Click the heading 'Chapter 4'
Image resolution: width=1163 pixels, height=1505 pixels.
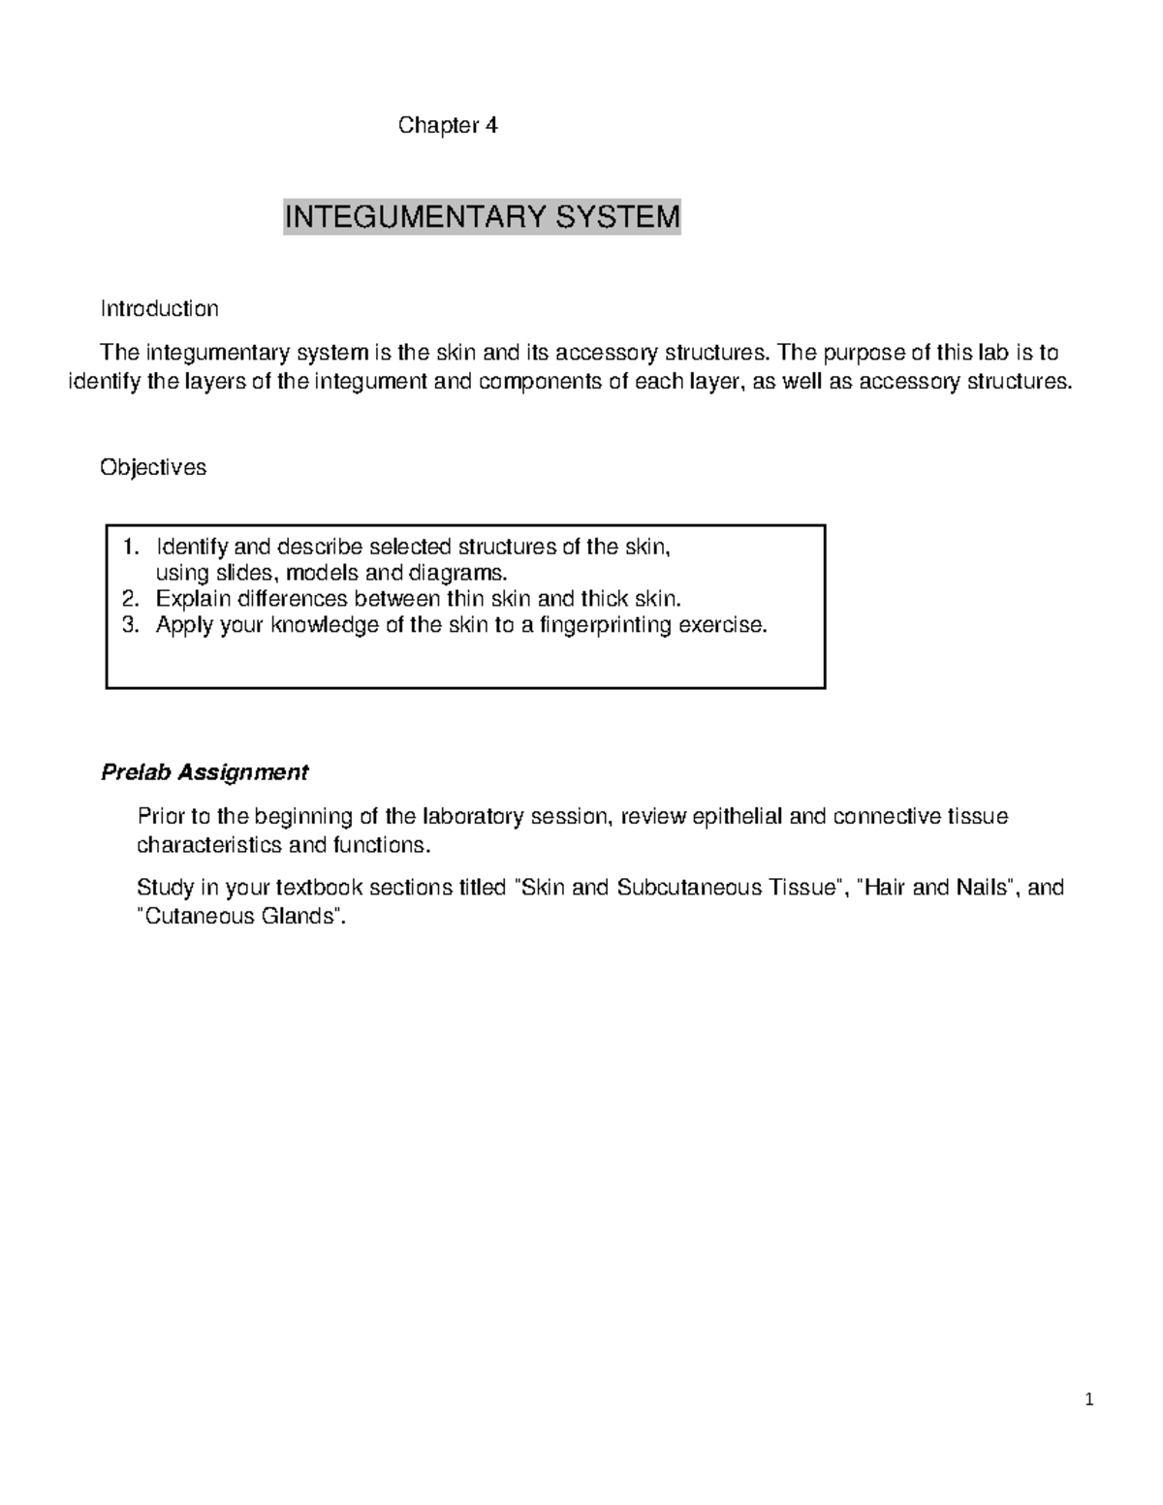click(x=448, y=125)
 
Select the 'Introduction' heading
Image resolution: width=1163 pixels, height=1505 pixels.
click(x=159, y=308)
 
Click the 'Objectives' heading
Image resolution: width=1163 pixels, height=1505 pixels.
click(x=153, y=467)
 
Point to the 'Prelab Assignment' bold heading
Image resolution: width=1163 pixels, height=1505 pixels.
click(x=204, y=772)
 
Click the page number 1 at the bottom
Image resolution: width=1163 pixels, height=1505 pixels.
click(x=1089, y=1399)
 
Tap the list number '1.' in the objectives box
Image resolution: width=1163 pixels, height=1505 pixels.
click(x=131, y=547)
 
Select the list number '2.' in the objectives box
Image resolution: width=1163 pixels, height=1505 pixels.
click(x=131, y=599)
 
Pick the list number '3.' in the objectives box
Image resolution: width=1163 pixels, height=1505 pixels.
click(x=131, y=625)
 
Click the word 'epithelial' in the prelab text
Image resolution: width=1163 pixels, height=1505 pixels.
click(x=738, y=816)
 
